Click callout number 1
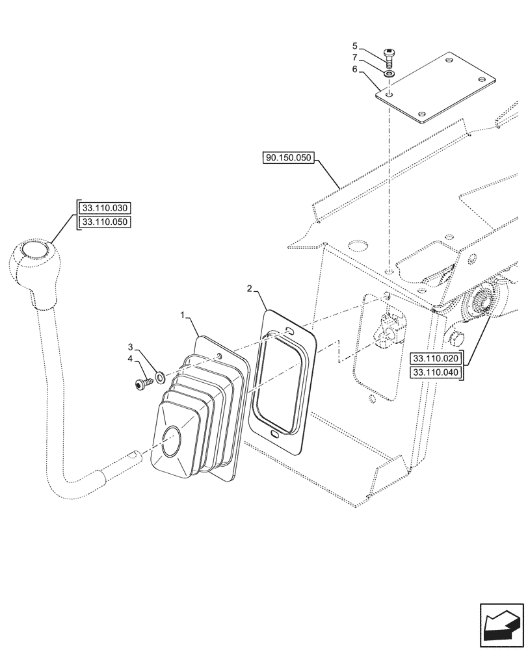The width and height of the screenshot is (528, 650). [185, 315]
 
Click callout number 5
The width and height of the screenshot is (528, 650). [355, 46]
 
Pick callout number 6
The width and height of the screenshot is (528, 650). [355, 69]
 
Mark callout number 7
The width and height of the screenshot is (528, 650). [355, 58]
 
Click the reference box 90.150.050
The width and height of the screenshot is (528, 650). [289, 158]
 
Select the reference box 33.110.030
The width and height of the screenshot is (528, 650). [105, 209]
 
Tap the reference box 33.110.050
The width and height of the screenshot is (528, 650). [105, 222]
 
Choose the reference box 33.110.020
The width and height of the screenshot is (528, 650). [434, 358]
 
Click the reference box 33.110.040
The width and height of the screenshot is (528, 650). [434, 372]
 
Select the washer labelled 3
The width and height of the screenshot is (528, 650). [160, 375]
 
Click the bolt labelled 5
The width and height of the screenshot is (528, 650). [389, 58]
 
